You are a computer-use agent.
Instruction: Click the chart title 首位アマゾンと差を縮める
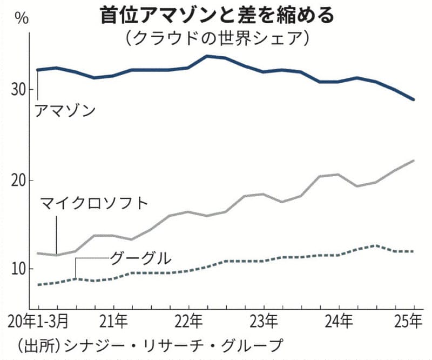(x=216, y=15)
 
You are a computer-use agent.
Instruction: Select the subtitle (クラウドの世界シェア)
(x=216, y=38)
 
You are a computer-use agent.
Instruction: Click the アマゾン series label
(x=65, y=111)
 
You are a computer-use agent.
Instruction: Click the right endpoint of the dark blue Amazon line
(x=414, y=99)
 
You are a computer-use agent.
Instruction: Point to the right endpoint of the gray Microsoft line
(x=414, y=161)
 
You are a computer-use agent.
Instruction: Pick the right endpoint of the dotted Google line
(x=414, y=251)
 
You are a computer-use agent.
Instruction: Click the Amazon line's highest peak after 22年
(x=207, y=56)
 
